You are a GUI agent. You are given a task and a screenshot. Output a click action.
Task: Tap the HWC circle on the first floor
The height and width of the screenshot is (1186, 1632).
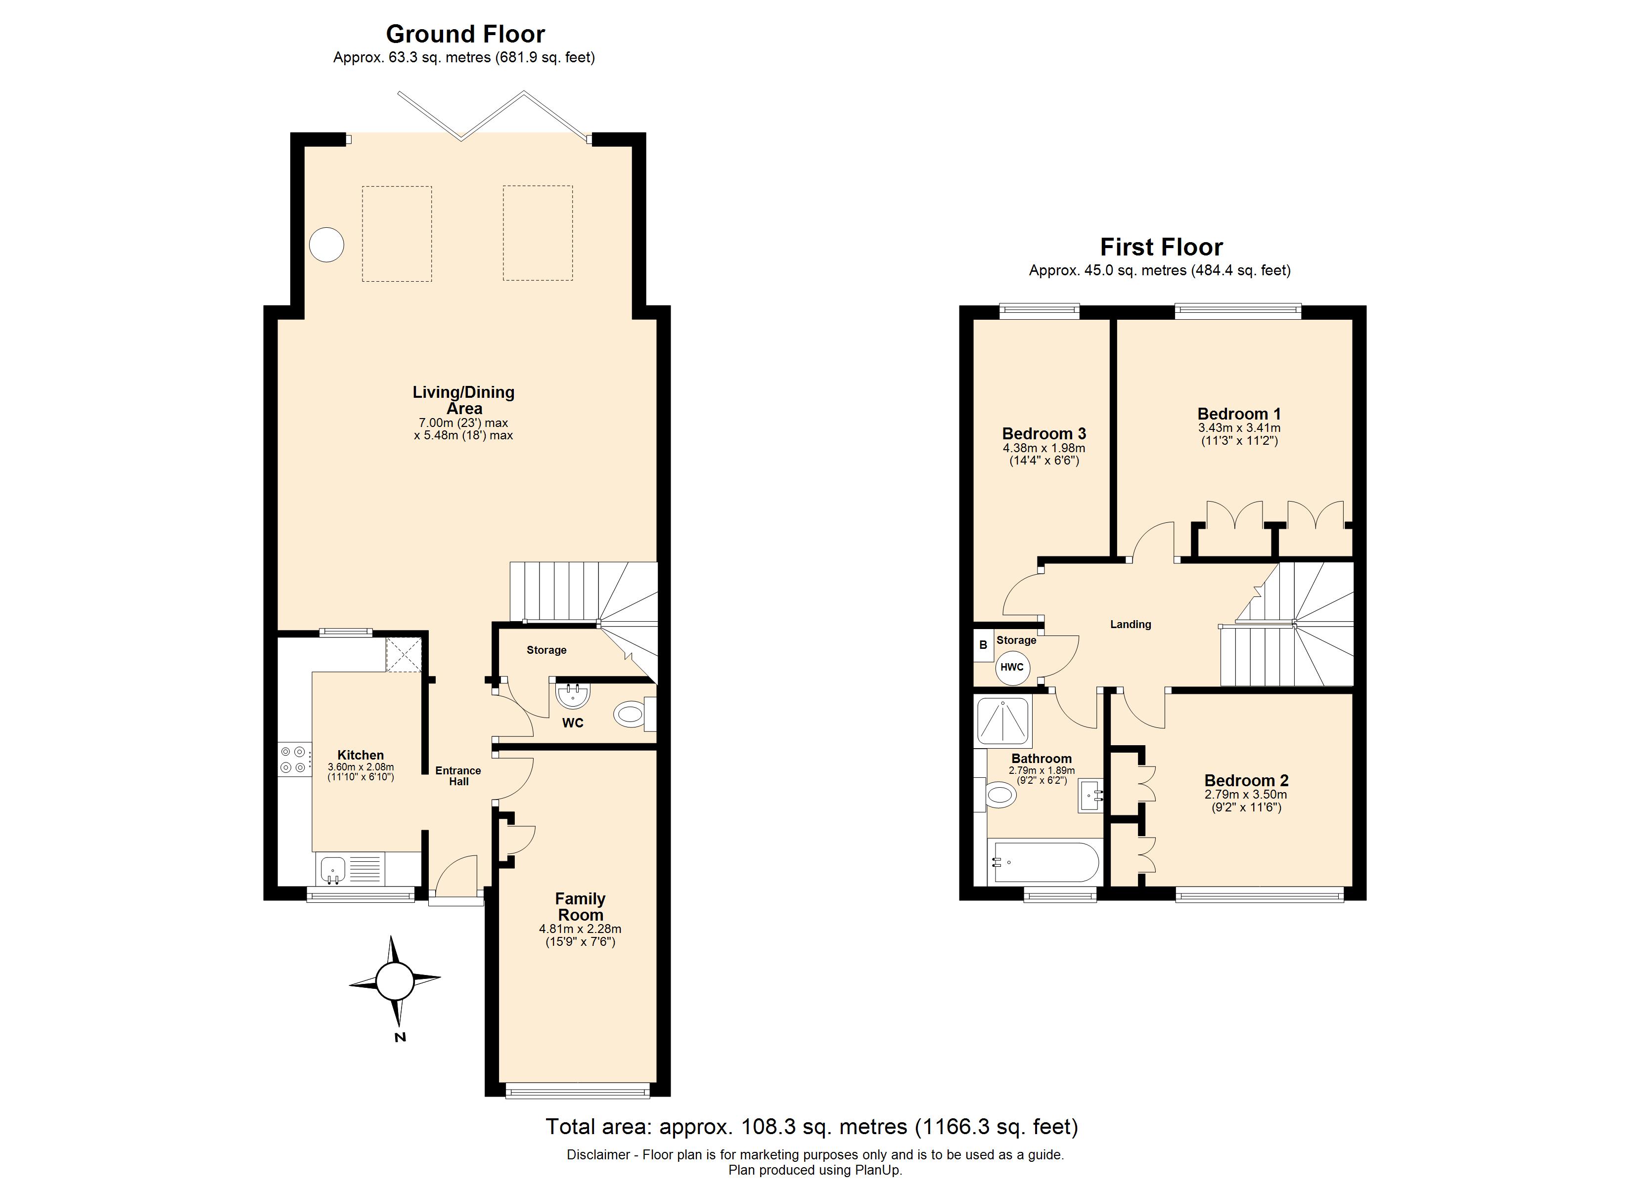pos(1012,667)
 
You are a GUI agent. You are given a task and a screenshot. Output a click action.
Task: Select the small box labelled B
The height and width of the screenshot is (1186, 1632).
pos(983,645)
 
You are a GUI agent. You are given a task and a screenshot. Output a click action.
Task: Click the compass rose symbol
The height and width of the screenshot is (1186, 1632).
pos(394,981)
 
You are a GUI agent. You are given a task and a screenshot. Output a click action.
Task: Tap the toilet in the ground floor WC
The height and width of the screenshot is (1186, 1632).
pos(631,714)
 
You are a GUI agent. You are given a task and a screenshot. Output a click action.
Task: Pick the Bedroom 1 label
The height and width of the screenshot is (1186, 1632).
pos(1238,414)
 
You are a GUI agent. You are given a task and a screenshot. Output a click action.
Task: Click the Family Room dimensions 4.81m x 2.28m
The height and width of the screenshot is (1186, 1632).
pos(580,929)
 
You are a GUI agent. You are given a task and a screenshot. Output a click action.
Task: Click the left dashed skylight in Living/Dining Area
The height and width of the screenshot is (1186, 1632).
pos(397,234)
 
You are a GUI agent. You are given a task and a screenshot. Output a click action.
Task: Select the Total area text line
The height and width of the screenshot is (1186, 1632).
pos(811,1126)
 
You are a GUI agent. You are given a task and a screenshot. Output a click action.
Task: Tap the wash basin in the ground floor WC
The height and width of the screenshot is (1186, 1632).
pos(574,695)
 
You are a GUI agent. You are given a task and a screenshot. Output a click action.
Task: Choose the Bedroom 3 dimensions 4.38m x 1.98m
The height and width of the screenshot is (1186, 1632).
pos(1043,448)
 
